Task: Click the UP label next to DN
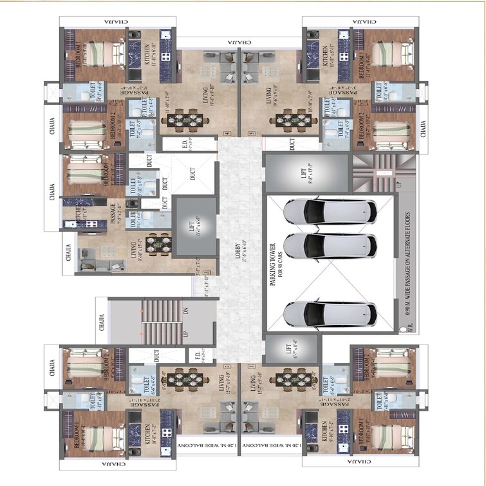click(x=186, y=333)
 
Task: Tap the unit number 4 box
click(x=226, y=134)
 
